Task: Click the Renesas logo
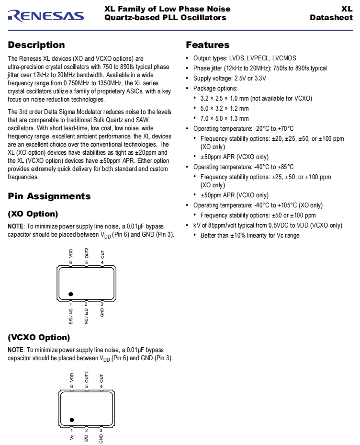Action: click(x=45, y=16)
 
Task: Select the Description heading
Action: click(x=36, y=45)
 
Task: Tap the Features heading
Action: click(x=207, y=45)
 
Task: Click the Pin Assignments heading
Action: click(x=49, y=196)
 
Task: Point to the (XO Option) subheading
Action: click(x=33, y=214)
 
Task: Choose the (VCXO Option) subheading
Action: click(x=39, y=337)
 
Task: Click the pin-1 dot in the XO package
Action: click(x=71, y=294)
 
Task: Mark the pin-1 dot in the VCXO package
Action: click(x=72, y=420)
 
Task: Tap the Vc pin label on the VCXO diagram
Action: click(x=72, y=437)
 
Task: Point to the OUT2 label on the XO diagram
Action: click(x=86, y=252)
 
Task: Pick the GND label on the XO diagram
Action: click(x=101, y=312)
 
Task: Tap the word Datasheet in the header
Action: click(x=331, y=18)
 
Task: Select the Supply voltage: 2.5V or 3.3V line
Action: click(x=229, y=78)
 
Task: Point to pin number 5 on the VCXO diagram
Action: click(x=86, y=386)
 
